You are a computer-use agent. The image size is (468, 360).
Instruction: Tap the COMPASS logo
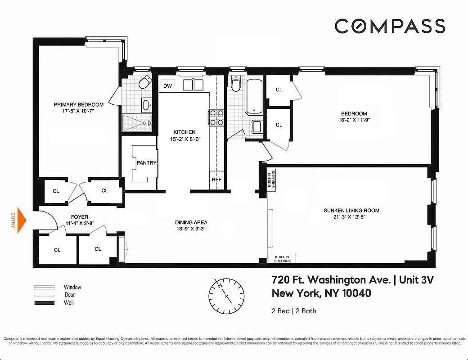pyautogui.click(x=390, y=26)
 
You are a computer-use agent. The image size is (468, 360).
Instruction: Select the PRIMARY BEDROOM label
pyautogui.click(x=79, y=104)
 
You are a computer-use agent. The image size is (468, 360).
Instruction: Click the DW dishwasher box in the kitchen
pyautogui.click(x=167, y=86)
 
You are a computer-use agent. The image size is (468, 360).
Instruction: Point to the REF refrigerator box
pyautogui.click(x=216, y=180)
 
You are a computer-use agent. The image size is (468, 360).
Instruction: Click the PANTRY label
pyautogui.click(x=147, y=163)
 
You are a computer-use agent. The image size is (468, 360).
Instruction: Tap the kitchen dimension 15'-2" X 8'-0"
pyautogui.click(x=184, y=139)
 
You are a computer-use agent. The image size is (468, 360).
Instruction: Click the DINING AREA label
pyautogui.click(x=191, y=222)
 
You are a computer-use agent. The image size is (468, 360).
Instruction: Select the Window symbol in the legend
pyautogui.click(x=45, y=287)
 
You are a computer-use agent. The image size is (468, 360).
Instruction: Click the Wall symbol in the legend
pyautogui.click(x=45, y=303)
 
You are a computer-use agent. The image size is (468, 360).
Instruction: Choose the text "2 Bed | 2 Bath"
pyautogui.click(x=294, y=311)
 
